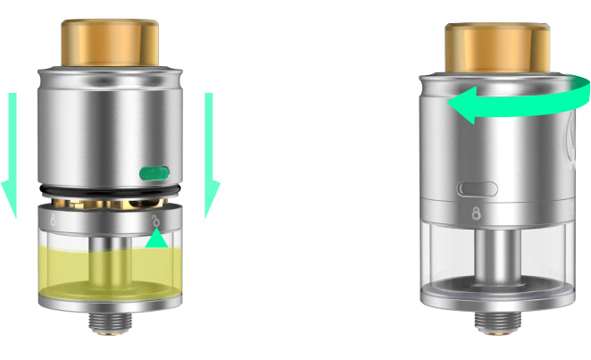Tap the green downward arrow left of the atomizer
click(x=11, y=152)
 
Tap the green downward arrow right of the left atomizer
click(x=212, y=152)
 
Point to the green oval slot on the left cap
click(x=154, y=171)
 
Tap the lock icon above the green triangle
click(x=155, y=220)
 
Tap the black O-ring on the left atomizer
click(x=111, y=190)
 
